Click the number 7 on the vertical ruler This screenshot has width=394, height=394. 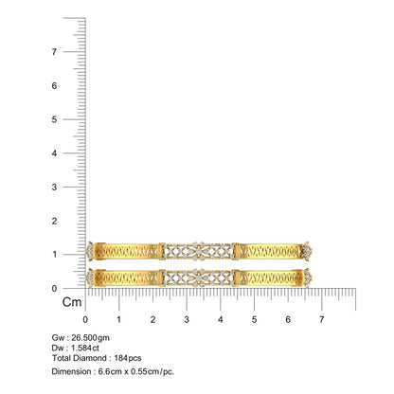point(54,51)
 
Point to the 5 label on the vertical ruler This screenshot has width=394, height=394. point(54,119)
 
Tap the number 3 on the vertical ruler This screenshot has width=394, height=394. point(54,187)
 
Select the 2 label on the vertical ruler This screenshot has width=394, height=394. point(54,221)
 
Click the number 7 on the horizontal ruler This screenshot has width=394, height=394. point(321,319)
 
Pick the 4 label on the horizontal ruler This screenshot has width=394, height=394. point(221,319)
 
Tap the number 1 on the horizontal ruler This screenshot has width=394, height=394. point(119,319)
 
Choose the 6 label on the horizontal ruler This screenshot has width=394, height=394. point(288,319)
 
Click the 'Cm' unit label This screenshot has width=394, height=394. point(72,302)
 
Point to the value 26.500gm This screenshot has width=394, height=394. point(90,337)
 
